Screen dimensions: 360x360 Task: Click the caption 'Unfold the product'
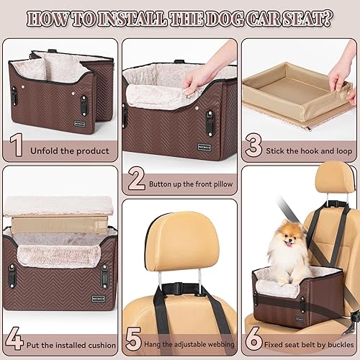[x=70, y=150]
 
